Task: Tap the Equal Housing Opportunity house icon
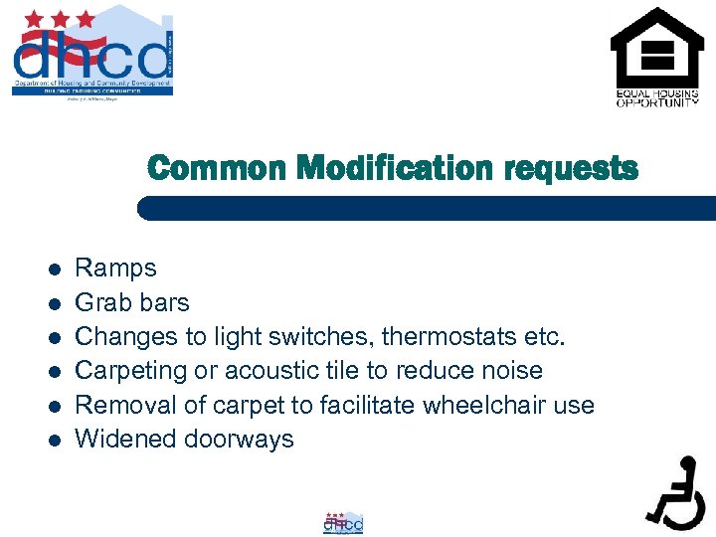(655, 49)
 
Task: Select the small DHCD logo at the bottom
(343, 523)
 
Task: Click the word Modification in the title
(398, 168)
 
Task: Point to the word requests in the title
(571, 168)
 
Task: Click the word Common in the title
(218, 168)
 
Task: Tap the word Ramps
(116, 268)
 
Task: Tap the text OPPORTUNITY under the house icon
(656, 102)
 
